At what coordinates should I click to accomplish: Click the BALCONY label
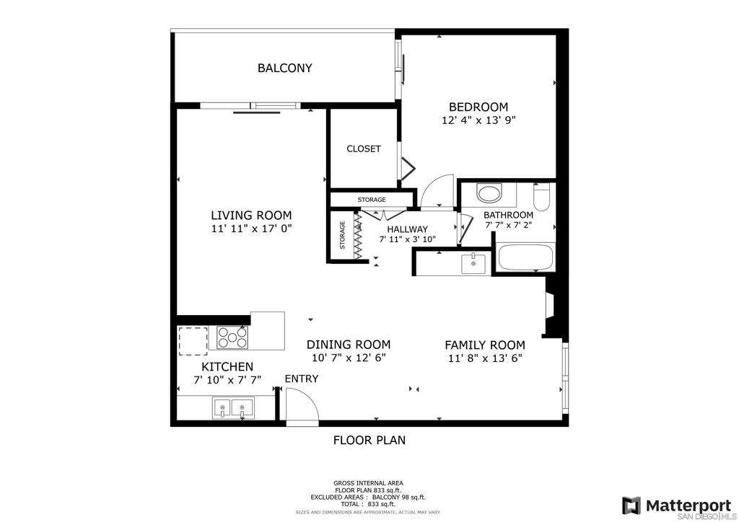[284, 68]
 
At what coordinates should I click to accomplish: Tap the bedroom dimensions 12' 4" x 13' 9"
[478, 120]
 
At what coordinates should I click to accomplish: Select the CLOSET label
[364, 149]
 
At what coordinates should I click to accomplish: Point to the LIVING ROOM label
[251, 216]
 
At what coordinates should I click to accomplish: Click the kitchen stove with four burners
[232, 337]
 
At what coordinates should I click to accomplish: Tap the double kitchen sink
[233, 408]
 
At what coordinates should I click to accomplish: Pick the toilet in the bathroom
[541, 197]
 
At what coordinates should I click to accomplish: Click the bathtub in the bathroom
[525, 257]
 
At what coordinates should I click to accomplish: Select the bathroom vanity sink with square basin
[473, 264]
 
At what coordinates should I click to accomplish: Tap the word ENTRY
[302, 379]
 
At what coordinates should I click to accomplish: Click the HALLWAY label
[407, 229]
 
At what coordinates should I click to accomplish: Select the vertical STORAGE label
[342, 235]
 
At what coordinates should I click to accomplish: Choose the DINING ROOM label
[349, 345]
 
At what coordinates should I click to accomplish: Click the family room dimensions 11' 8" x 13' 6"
[485, 358]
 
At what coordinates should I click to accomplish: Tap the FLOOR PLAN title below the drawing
[369, 441]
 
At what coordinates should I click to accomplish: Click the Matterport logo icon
[631, 505]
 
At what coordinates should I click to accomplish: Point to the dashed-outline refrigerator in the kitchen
[193, 341]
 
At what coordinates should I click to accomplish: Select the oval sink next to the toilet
[489, 193]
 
